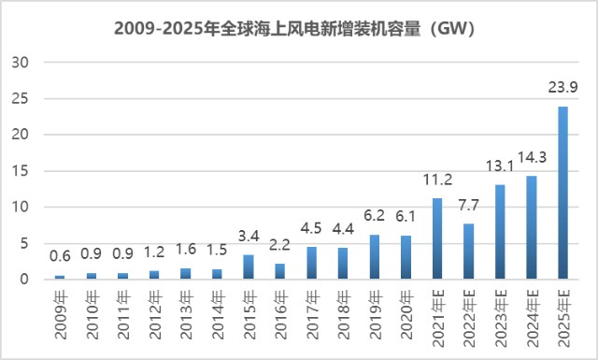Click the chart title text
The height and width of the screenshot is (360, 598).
294,29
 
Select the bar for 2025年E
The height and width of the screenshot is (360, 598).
562,193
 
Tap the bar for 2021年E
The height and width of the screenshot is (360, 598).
437,238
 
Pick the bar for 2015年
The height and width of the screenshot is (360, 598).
249,266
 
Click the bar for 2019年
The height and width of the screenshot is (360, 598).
375,257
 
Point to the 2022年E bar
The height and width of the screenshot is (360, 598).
469,252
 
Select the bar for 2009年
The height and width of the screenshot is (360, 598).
60,277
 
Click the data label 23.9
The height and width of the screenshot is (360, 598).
562,87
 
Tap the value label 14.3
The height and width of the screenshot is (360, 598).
532,157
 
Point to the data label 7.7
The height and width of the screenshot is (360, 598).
468,206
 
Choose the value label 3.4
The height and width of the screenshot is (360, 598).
249,236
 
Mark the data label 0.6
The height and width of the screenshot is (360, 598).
60,256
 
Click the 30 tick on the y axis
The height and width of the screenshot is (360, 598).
21,63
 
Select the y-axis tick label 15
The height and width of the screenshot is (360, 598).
21,171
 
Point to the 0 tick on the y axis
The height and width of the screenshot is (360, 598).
24,280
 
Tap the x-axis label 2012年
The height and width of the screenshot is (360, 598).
155,315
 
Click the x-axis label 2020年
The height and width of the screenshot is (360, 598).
406,315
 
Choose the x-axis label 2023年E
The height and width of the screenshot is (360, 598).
501,318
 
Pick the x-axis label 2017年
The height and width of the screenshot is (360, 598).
312,315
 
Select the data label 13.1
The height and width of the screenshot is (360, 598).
500,166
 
